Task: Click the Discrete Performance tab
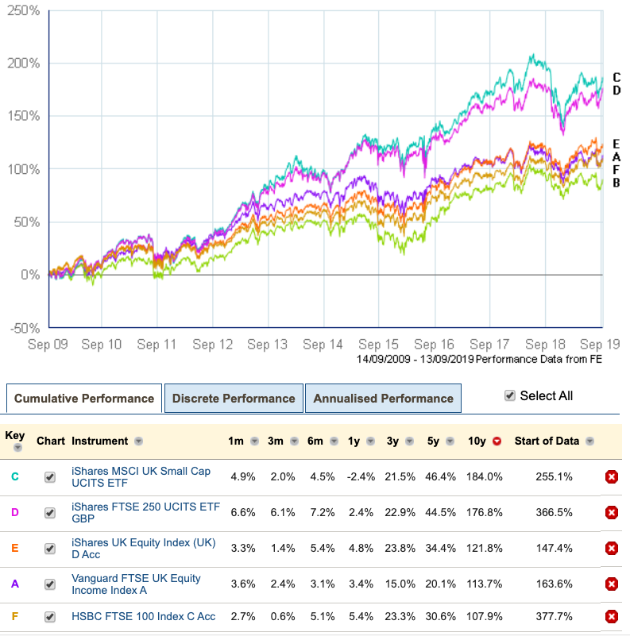(234, 399)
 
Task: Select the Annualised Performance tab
(383, 399)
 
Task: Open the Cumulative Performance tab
(84, 399)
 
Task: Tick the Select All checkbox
(510, 395)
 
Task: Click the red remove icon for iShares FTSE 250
(612, 513)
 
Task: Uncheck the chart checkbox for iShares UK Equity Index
(50, 549)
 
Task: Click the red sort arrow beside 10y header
(497, 441)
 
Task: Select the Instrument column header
(99, 441)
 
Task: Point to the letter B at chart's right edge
(616, 183)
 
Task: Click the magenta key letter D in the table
(14, 513)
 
